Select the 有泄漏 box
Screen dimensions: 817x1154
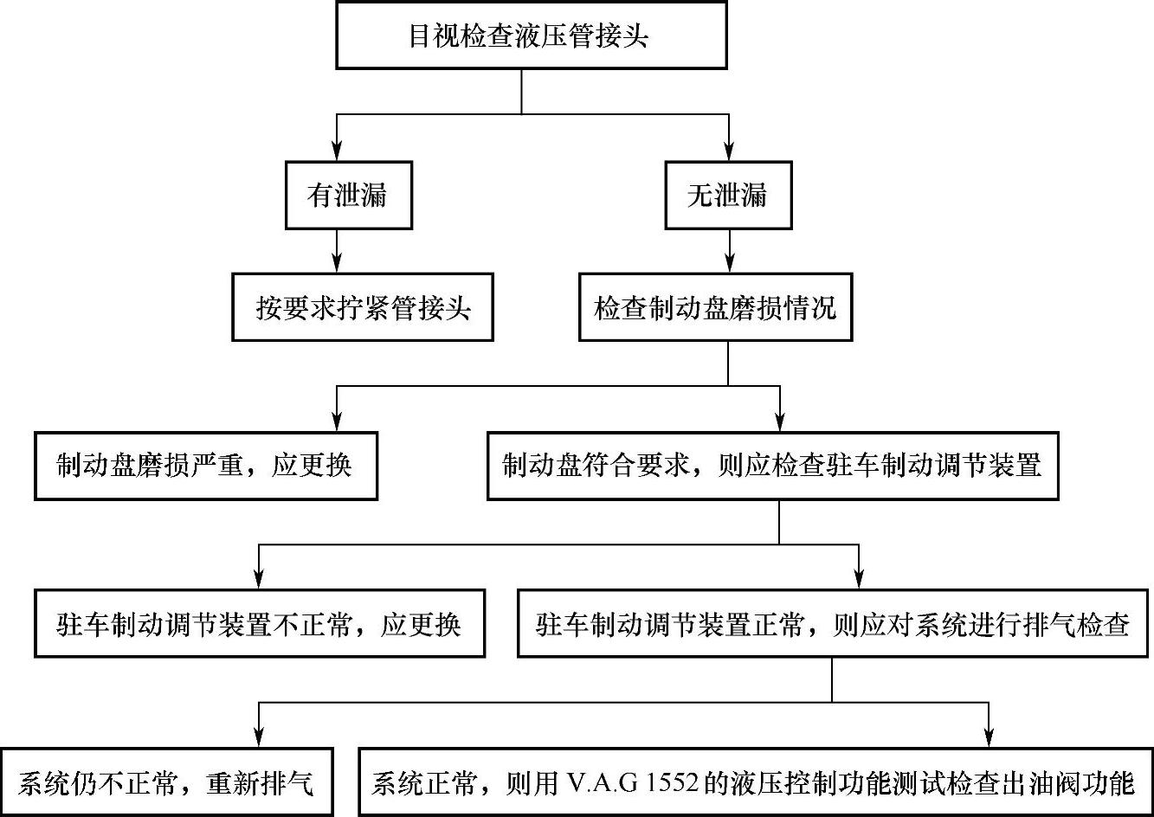(348, 195)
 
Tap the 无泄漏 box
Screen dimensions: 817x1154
(728, 195)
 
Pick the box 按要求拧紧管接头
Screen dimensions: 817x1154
(363, 307)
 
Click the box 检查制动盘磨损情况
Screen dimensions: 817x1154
(715, 307)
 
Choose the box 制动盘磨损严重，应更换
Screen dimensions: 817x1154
(206, 466)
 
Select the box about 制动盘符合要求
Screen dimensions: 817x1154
(772, 466)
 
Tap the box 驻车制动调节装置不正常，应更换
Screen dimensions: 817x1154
(260, 623)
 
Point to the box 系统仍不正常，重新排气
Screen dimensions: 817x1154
(166, 783)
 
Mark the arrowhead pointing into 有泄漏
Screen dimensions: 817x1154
(336, 152)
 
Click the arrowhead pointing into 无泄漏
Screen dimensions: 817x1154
(730, 152)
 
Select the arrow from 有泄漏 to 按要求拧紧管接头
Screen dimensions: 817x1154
(336, 252)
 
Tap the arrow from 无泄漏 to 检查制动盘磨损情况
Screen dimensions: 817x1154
(730, 252)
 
